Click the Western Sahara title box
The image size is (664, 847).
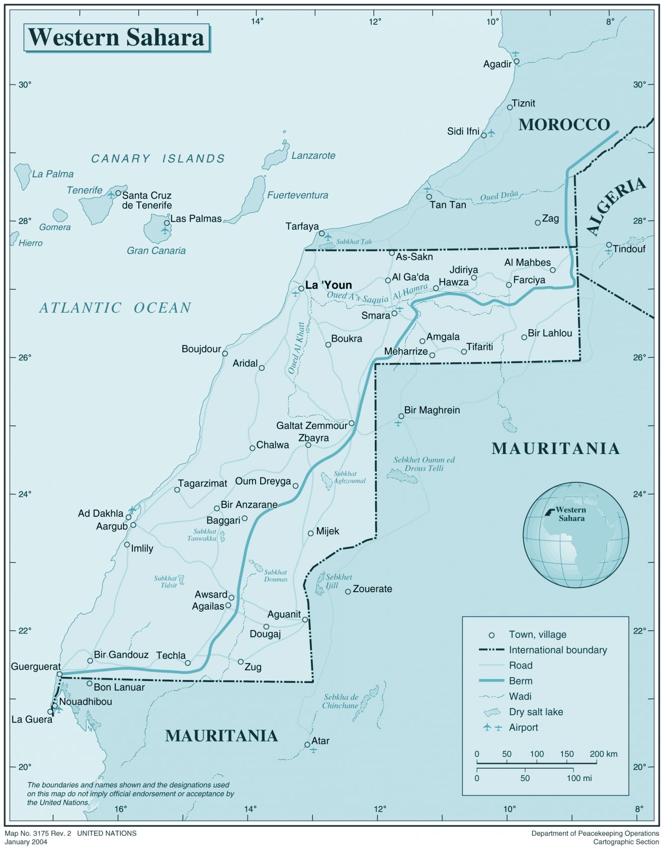click(116, 38)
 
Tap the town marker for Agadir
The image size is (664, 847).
click(516, 62)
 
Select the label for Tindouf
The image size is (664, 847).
click(629, 249)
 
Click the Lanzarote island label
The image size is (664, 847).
click(313, 156)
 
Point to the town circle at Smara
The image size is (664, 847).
click(394, 313)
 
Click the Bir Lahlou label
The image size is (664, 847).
click(550, 333)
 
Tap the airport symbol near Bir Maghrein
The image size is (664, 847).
click(398, 423)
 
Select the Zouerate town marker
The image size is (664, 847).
click(348, 592)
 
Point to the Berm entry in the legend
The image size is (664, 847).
click(520, 681)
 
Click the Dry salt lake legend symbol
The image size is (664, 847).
click(492, 712)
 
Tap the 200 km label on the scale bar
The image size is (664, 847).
click(603, 754)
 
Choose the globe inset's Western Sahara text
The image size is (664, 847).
click(571, 514)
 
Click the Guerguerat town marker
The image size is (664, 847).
click(59, 674)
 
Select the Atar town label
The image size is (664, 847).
click(320, 741)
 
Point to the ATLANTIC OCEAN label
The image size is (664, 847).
click(115, 308)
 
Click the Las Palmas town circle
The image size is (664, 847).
click(167, 223)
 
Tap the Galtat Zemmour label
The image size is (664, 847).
click(311, 426)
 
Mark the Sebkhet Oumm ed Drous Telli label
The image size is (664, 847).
click(424, 463)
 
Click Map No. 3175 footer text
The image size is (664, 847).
click(70, 833)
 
